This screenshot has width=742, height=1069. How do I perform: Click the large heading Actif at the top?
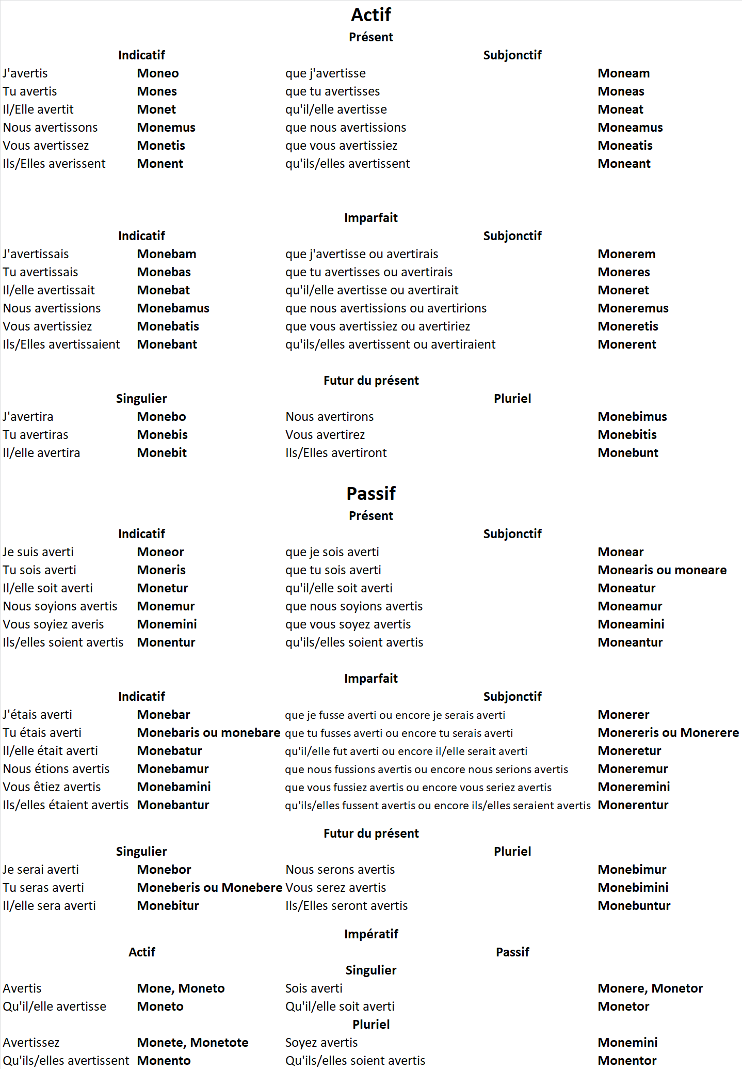(x=370, y=15)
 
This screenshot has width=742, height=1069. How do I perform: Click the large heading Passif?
(x=370, y=494)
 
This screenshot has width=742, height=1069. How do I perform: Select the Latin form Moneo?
(x=158, y=73)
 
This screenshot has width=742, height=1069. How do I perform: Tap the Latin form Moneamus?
(x=630, y=128)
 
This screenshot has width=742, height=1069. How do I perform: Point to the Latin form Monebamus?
(x=173, y=308)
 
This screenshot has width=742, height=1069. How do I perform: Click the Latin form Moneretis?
(x=627, y=326)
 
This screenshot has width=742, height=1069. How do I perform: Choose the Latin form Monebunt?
(x=627, y=453)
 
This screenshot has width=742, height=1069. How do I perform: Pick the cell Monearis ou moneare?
(x=662, y=570)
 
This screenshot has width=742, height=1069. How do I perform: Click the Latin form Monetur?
(x=162, y=588)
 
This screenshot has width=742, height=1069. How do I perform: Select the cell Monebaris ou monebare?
(x=208, y=733)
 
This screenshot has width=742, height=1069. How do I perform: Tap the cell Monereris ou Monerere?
(x=668, y=733)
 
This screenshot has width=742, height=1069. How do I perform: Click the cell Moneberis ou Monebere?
(x=209, y=888)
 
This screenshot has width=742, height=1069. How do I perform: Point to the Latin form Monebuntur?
(x=634, y=906)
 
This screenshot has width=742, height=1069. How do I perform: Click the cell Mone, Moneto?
(x=181, y=988)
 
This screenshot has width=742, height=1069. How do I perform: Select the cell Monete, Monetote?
(x=192, y=1043)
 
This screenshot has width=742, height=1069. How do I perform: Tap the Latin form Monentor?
(x=627, y=1061)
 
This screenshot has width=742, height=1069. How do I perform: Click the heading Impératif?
(x=370, y=934)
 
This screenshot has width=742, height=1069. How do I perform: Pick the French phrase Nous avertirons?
(x=329, y=417)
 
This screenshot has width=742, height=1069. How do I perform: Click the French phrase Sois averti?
(x=314, y=988)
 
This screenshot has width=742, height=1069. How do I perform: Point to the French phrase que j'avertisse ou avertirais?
(x=361, y=254)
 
